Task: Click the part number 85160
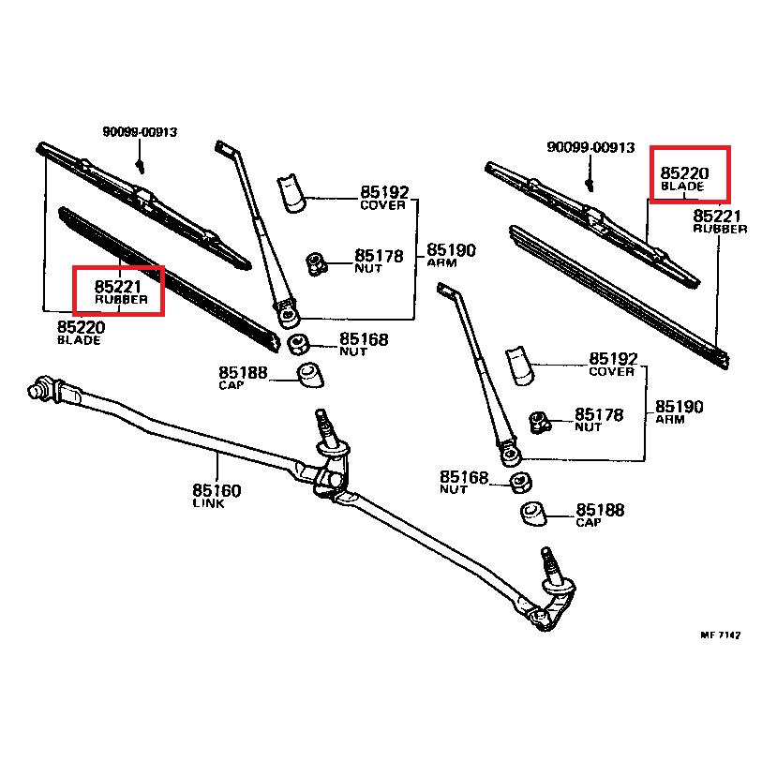coord(217,490)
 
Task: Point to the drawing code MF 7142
coord(720,635)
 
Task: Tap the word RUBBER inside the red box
coord(121,299)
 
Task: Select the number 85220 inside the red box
coord(685,173)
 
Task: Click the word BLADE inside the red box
coord(681,187)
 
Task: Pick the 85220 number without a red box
coord(81,327)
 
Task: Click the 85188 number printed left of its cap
coord(244,373)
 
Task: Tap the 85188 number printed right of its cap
coord(601,510)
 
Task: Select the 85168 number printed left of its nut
coord(465,477)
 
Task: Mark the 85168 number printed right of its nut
coord(364,339)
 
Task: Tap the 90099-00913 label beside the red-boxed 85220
coord(590,147)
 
